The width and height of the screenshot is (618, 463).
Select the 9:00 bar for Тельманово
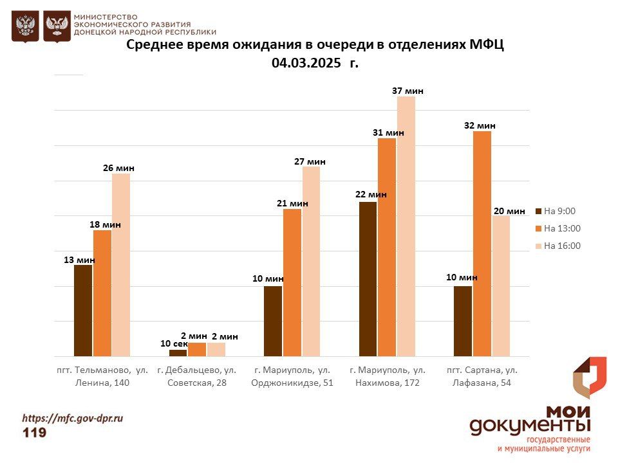(x=83, y=311)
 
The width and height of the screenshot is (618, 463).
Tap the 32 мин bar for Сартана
(x=482, y=244)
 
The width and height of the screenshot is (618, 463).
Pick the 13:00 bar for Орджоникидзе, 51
(x=292, y=282)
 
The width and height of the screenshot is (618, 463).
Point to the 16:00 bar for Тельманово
(x=120, y=265)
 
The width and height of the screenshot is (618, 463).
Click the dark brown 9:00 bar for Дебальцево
(x=178, y=353)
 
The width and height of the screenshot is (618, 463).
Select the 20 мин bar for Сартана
(x=500, y=286)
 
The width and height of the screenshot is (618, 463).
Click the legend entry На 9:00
(x=559, y=211)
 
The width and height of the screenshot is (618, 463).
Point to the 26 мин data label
(x=118, y=168)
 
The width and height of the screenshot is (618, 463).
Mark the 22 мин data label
(x=371, y=195)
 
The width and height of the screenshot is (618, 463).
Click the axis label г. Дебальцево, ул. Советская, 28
(x=196, y=377)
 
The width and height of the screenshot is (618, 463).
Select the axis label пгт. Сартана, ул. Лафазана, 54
(x=482, y=377)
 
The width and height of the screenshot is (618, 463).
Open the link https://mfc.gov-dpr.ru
(x=73, y=418)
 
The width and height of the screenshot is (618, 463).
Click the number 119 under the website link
(x=35, y=433)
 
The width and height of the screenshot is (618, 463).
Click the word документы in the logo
(x=529, y=426)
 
